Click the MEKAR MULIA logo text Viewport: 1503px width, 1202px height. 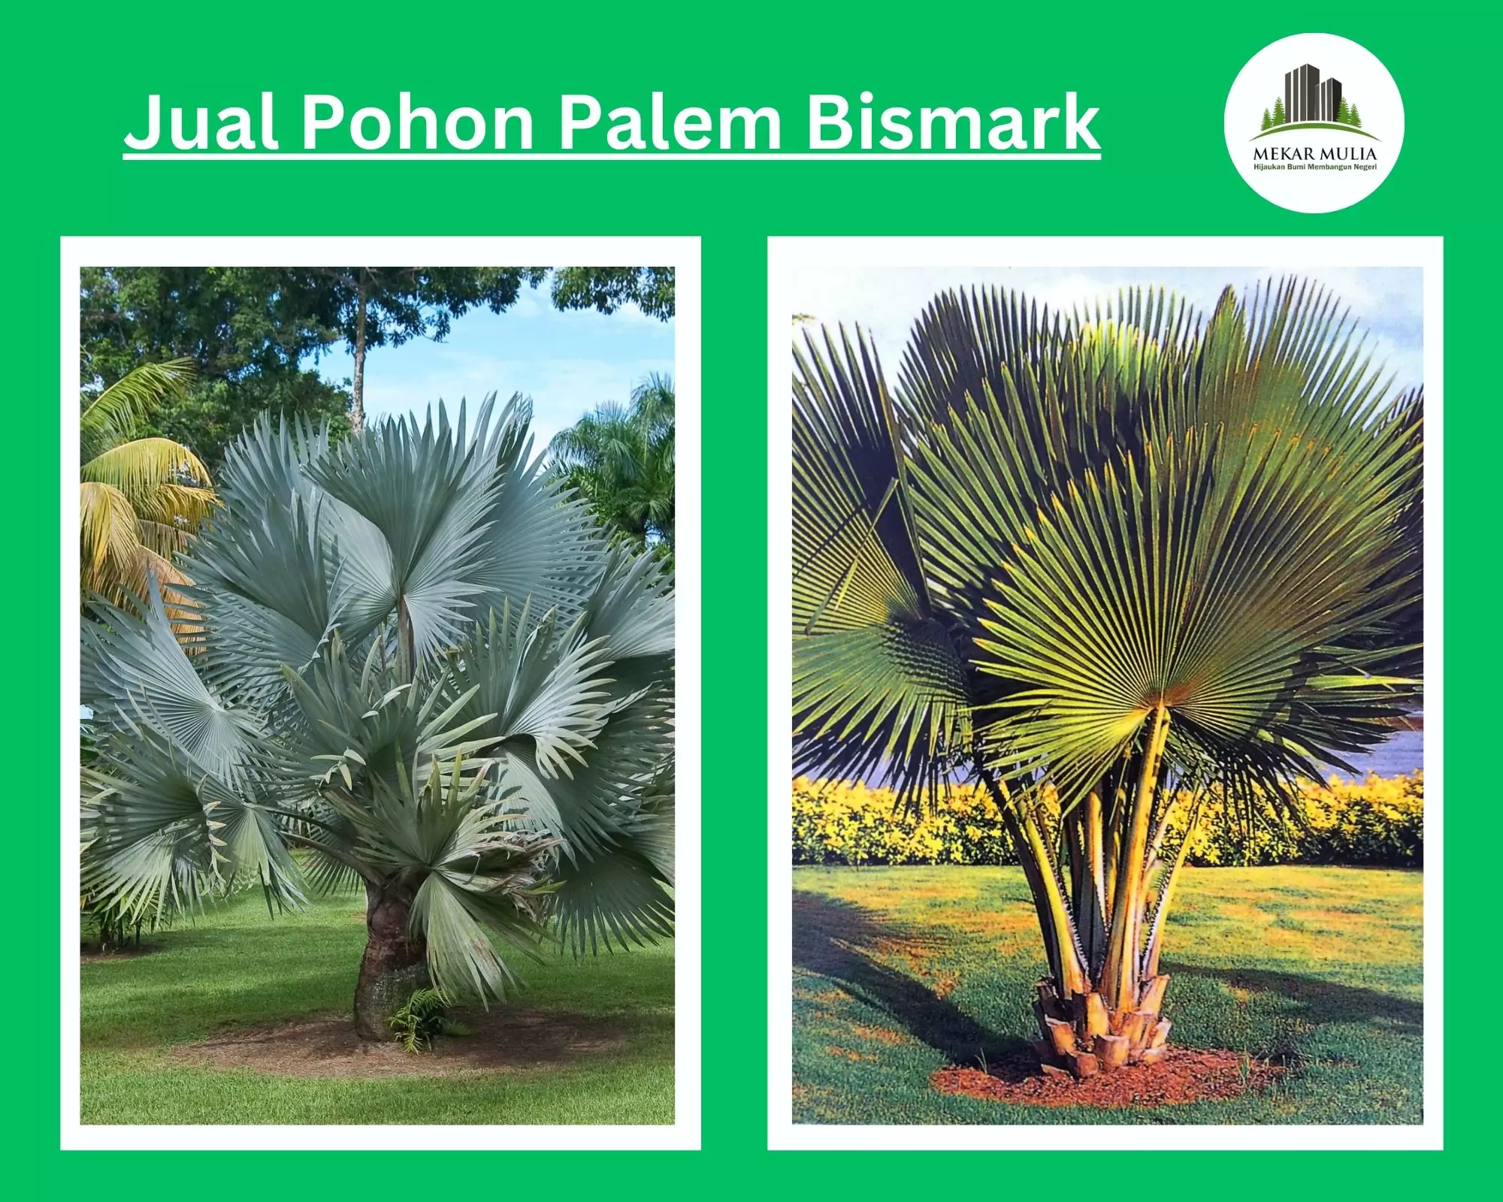click(1314, 154)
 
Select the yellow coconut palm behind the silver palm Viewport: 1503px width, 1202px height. click(135, 481)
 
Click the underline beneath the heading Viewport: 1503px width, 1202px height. click(612, 156)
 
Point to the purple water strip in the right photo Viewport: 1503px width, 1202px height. click(1398, 751)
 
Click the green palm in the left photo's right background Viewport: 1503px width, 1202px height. click(616, 458)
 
